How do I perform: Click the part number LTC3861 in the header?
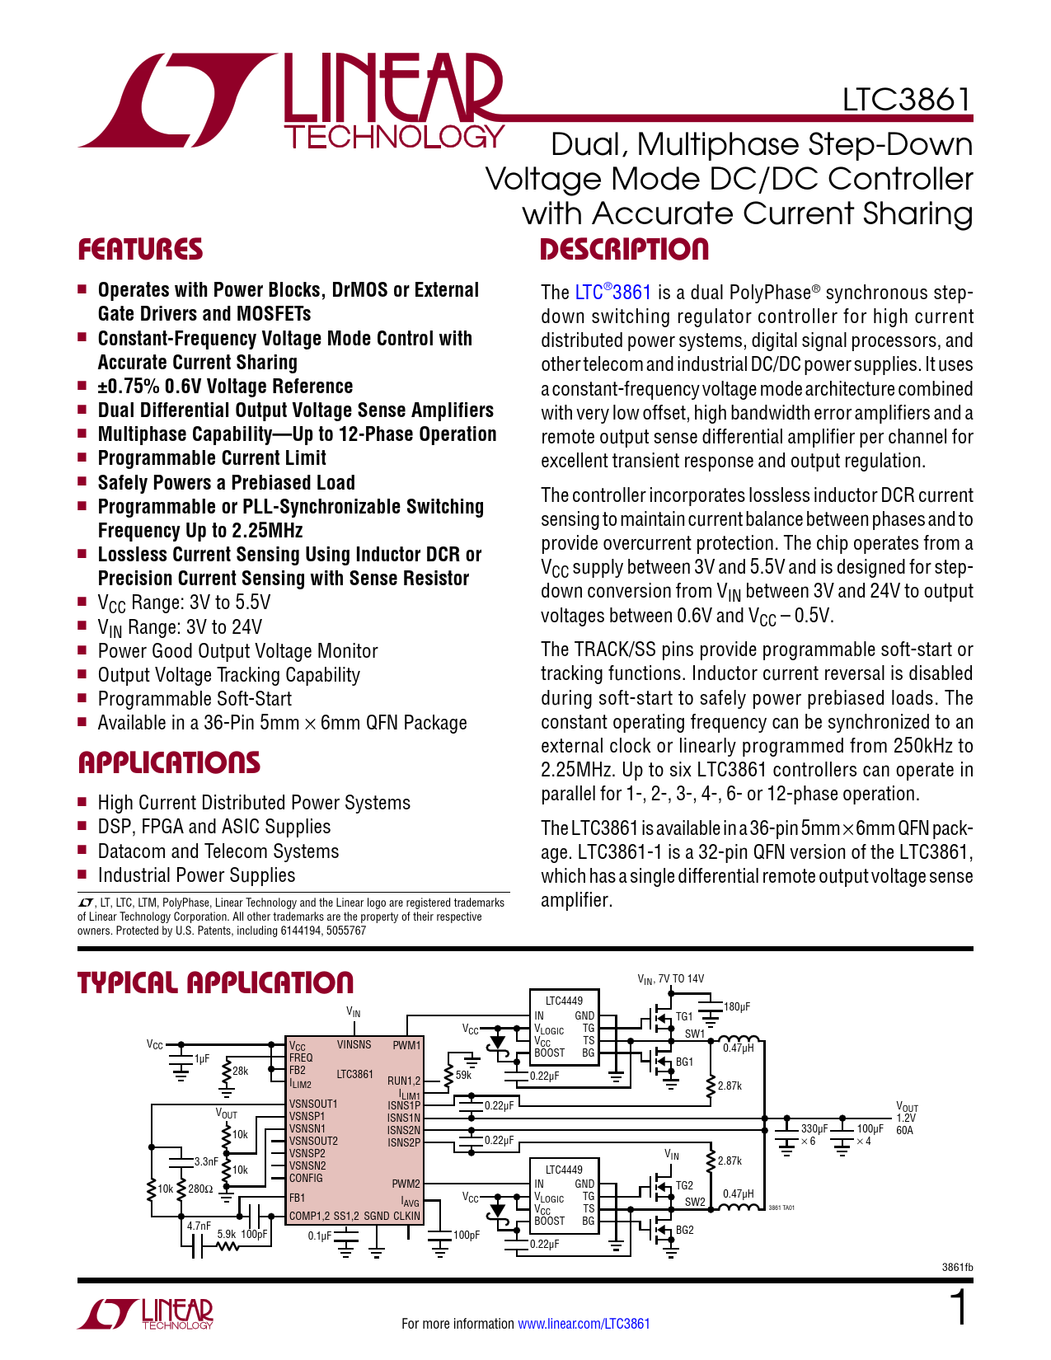[x=906, y=100]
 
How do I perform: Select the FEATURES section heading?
[x=140, y=250]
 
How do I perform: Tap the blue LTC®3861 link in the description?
[x=612, y=293]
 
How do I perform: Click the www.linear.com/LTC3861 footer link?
[x=584, y=1324]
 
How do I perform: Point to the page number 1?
[x=959, y=1308]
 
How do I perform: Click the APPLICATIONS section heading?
[x=169, y=763]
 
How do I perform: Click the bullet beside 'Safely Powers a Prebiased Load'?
[x=82, y=481]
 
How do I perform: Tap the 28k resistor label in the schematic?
[x=240, y=1071]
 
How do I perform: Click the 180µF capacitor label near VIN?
[x=737, y=1007]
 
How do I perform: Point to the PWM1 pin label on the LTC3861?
[x=406, y=1045]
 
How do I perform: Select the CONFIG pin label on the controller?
[x=306, y=1178]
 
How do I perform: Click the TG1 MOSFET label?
[x=684, y=1017]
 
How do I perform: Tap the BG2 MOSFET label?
[x=684, y=1230]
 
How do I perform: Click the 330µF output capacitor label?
[x=814, y=1128]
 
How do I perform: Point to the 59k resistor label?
[x=464, y=1075]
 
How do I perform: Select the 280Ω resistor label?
[x=200, y=1189]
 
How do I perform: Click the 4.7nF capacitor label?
[x=199, y=1226]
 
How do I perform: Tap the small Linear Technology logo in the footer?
[x=146, y=1314]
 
